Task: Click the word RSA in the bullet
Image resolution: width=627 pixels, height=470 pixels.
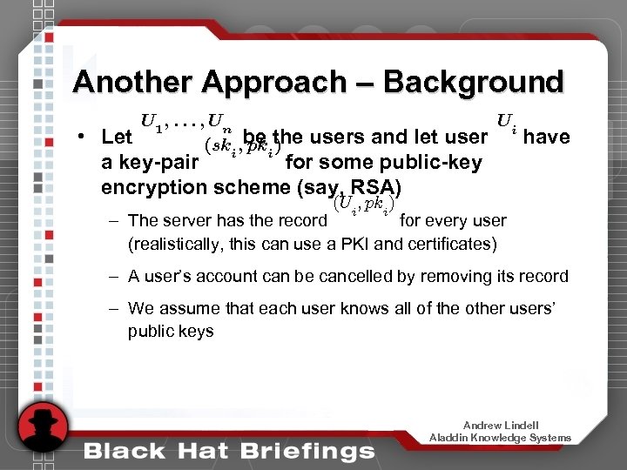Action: [374, 187]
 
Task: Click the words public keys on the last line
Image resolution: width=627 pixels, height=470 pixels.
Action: [170, 331]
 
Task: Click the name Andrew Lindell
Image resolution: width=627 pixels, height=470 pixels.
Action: [500, 425]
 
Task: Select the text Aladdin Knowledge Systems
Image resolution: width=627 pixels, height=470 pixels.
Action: [500, 437]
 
